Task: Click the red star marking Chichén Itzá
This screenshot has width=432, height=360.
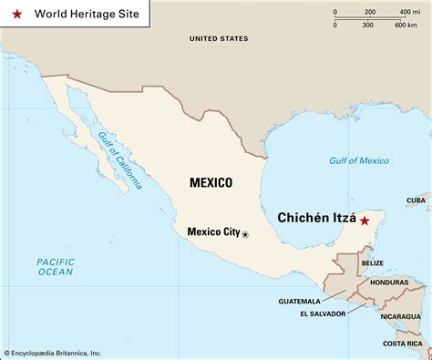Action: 365,221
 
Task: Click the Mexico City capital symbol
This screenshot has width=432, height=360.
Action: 244,234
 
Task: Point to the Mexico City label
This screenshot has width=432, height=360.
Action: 212,231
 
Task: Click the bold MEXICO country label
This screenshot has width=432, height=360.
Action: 211,182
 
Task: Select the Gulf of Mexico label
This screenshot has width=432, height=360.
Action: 359,161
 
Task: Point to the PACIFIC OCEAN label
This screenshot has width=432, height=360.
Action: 55,266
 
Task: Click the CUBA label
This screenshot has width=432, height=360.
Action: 416,200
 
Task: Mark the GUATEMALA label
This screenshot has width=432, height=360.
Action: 299,300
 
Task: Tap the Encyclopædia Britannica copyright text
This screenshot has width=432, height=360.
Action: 66,353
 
